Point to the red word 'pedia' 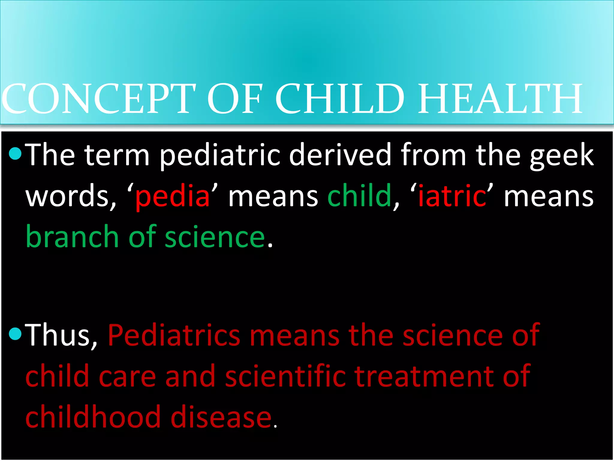[x=172, y=197]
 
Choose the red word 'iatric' [x=452, y=197]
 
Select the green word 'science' [x=215, y=237]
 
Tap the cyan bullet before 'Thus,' [x=15, y=334]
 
